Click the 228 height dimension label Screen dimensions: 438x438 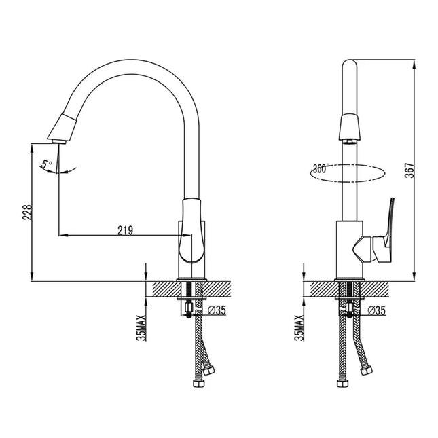pos(25,213)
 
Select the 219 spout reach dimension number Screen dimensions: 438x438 pos(124,230)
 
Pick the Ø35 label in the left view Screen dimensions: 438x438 pos(217,310)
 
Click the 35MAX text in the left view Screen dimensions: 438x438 pos(141,327)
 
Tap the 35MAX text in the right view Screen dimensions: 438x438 pos(299,327)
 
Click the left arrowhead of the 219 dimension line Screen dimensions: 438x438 pos(62,236)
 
